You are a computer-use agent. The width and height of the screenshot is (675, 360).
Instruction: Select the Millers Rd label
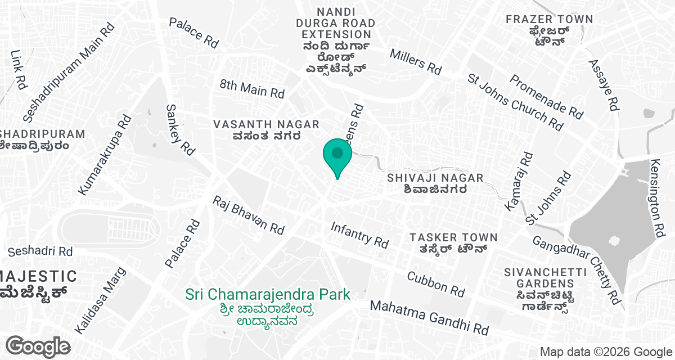[x=416, y=61]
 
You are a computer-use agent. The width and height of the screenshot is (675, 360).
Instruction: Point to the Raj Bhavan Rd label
[x=248, y=215]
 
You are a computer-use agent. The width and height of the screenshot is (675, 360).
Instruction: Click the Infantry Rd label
[x=360, y=235]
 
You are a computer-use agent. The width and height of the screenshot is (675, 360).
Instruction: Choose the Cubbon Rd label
[x=436, y=284]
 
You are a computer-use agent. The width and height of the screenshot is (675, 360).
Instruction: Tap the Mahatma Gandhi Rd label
[x=429, y=317]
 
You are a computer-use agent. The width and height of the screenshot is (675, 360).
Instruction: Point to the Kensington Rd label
[x=657, y=197]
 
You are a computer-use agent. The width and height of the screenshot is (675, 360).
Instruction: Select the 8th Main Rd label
[x=253, y=88]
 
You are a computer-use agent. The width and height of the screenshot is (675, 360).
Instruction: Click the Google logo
[x=38, y=346]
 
